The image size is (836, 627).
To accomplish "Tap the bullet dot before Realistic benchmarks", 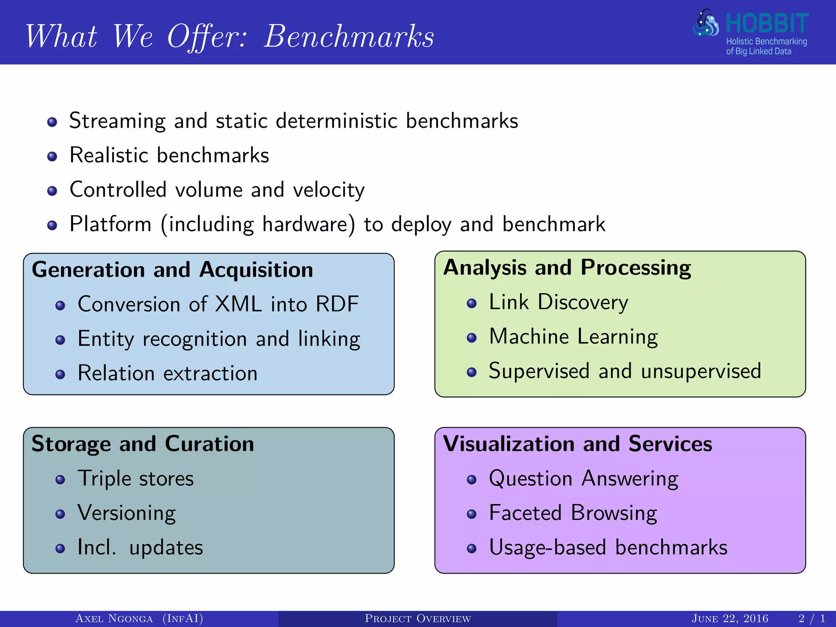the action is (x=52, y=157).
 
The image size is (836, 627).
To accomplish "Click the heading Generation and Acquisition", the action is (x=172, y=270).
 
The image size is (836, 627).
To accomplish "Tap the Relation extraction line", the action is (x=167, y=374).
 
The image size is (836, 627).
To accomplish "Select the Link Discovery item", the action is (x=558, y=302).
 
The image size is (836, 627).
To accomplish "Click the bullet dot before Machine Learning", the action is (x=472, y=338).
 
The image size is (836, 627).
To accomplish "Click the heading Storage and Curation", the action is (x=143, y=444).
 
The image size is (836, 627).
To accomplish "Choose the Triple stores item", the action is (x=136, y=479).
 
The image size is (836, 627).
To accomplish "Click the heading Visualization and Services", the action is (x=578, y=444).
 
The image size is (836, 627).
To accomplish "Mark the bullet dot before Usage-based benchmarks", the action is (x=472, y=549).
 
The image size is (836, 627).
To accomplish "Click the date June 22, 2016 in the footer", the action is (x=730, y=619).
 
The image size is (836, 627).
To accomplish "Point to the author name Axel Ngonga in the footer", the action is (x=114, y=619).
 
